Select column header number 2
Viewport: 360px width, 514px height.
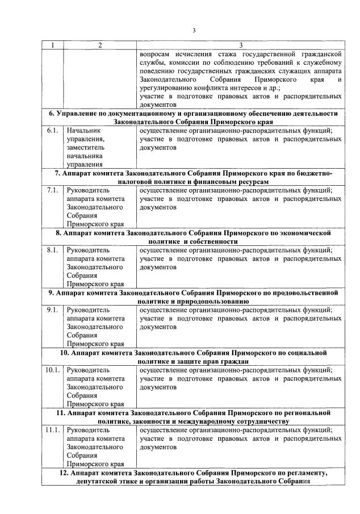pyautogui.click(x=99, y=45)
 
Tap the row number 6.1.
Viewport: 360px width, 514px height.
pyautogui.click(x=53, y=129)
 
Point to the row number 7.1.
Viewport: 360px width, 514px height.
pyautogui.click(x=53, y=190)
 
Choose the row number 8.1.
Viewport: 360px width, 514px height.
pyautogui.click(x=53, y=249)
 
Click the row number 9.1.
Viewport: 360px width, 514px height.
pyautogui.click(x=53, y=310)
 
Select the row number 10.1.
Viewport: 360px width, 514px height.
pyautogui.click(x=52, y=370)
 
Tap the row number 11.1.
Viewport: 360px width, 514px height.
pyautogui.click(x=52, y=430)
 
